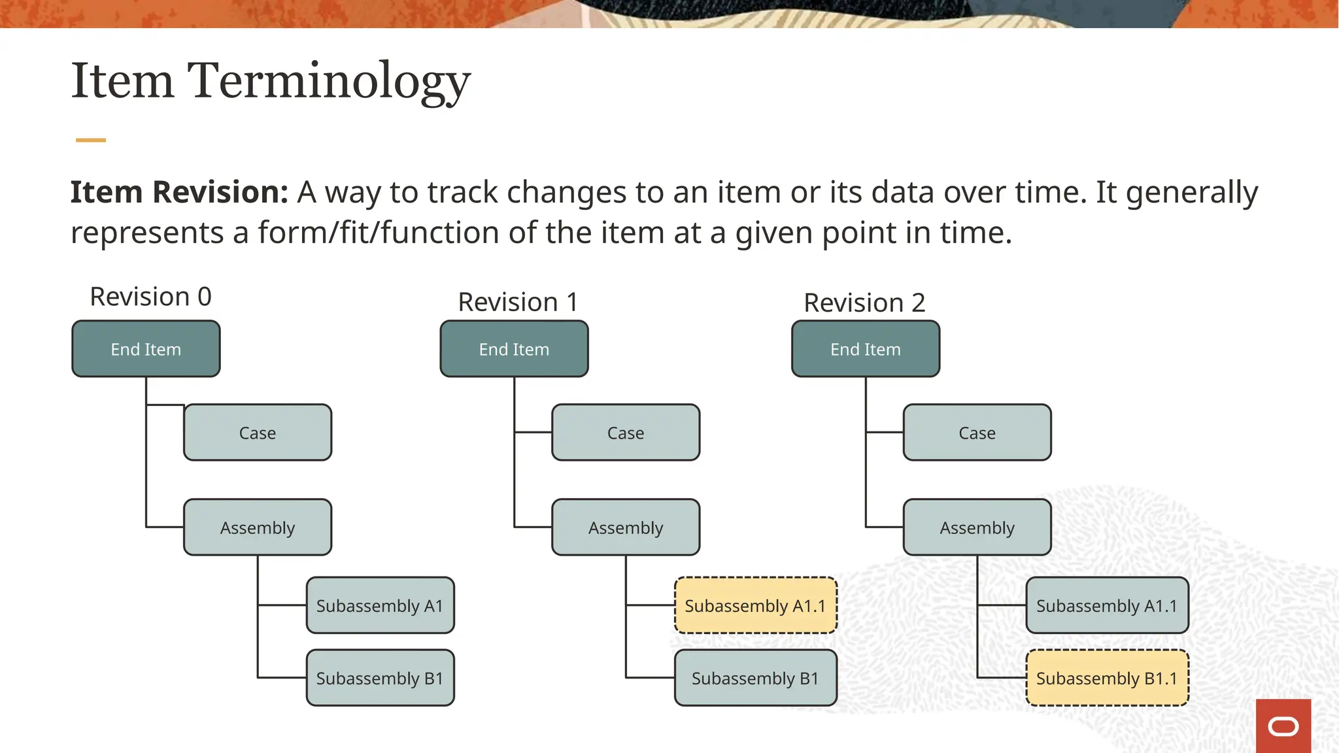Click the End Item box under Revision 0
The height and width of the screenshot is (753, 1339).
(146, 349)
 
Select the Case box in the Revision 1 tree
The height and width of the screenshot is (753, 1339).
(626, 433)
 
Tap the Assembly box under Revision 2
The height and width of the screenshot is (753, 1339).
(977, 527)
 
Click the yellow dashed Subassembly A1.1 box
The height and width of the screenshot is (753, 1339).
(755, 605)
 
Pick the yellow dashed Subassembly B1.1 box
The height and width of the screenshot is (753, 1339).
(1106, 678)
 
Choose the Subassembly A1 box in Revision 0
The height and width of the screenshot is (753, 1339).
(380, 605)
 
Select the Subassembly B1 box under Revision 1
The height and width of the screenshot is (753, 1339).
(755, 678)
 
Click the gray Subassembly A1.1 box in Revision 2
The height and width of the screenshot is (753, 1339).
(1106, 605)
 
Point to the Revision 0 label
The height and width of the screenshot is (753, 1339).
(150, 297)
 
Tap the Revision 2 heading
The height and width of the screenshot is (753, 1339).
(864, 303)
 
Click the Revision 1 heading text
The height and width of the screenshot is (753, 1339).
(518, 302)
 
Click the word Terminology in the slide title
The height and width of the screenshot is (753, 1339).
(329, 82)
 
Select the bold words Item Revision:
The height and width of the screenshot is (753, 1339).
(179, 192)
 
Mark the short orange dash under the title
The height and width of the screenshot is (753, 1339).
(90, 140)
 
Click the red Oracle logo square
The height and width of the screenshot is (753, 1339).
(1283, 726)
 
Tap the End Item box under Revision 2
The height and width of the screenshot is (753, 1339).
(865, 349)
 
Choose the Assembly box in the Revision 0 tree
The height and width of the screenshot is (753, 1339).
(258, 527)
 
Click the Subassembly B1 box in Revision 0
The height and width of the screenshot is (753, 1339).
(380, 678)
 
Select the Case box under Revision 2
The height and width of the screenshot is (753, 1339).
(977, 433)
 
